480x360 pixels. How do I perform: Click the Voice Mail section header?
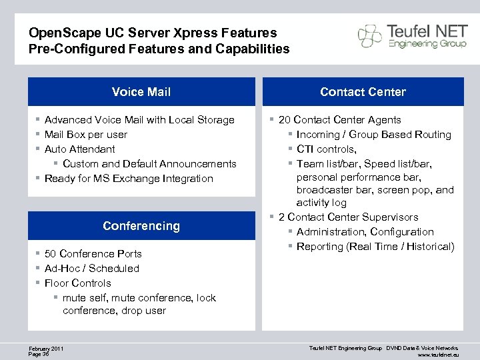tap(141, 92)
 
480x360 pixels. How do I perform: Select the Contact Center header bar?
tap(363, 92)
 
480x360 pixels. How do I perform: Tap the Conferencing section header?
tap(141, 226)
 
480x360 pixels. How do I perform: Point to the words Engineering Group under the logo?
tap(419, 44)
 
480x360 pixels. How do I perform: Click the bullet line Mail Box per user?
tap(85, 135)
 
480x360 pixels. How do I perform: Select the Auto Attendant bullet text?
tap(79, 149)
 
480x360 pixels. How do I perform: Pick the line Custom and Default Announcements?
tap(149, 164)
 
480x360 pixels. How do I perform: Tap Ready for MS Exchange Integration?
tap(129, 179)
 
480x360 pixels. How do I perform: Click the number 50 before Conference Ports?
tap(50, 254)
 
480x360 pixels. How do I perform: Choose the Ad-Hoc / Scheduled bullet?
tap(91, 269)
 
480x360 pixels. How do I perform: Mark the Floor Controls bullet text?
tap(77, 283)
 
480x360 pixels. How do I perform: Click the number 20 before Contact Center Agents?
tap(285, 120)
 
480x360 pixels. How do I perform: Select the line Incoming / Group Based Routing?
tap(373, 135)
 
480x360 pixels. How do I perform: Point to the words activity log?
tap(321, 203)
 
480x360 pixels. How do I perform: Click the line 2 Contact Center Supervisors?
tap(348, 217)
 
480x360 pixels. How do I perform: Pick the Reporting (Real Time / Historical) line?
tap(375, 247)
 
